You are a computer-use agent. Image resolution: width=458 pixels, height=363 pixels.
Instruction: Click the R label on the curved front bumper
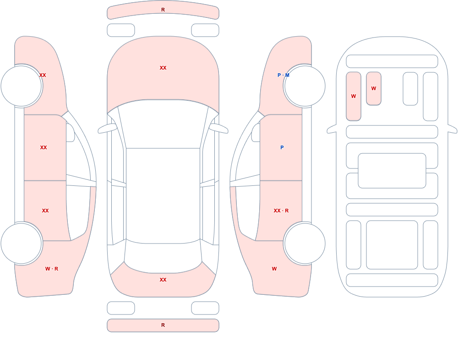(163, 10)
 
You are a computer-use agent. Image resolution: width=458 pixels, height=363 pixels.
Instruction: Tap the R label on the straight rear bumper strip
(163, 325)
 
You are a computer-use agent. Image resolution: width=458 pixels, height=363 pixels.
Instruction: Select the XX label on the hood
(163, 68)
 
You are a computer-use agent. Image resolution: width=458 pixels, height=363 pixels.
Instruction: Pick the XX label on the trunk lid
(163, 280)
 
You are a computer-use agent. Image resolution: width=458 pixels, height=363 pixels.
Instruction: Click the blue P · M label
(284, 75)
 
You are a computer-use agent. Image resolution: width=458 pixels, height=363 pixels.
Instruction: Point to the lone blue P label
(282, 147)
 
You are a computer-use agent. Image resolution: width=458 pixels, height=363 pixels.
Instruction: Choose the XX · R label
(281, 211)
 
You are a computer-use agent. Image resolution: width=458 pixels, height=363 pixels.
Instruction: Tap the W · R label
(52, 269)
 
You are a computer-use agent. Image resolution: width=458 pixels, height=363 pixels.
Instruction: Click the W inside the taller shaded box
(354, 96)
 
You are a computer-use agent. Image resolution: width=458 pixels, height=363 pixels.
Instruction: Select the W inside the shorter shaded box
(374, 88)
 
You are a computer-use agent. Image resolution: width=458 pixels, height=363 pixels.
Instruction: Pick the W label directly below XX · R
(274, 269)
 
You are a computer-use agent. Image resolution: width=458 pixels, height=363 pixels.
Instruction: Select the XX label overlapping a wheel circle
(43, 75)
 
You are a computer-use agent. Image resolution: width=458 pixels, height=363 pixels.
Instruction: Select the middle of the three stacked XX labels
(44, 147)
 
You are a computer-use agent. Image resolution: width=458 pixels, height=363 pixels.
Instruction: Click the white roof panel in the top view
(163, 195)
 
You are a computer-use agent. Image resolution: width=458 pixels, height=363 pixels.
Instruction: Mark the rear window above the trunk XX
(163, 257)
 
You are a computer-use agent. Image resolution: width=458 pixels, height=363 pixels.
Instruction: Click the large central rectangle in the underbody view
(392, 171)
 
